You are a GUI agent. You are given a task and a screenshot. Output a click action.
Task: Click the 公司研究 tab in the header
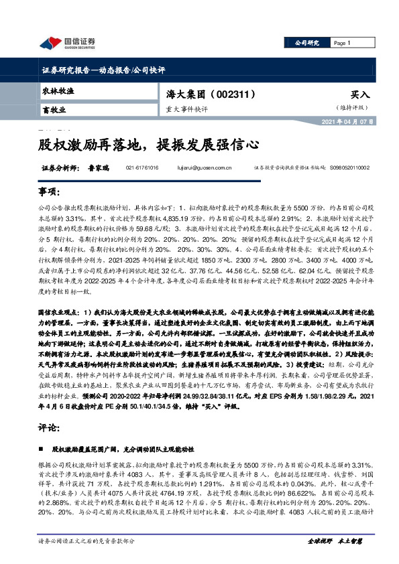point(306,43)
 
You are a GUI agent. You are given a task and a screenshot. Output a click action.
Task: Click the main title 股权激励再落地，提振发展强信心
point(148,144)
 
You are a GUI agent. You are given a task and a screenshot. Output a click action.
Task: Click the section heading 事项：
point(49,192)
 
